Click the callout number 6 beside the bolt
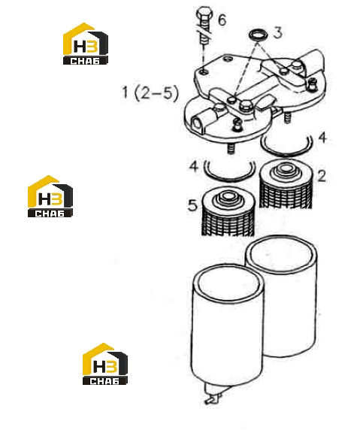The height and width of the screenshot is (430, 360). tap(222, 20)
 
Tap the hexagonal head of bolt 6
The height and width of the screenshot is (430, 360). tap(205, 14)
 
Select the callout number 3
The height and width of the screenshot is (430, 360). tap(278, 32)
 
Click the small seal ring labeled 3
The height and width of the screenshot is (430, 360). tap(259, 35)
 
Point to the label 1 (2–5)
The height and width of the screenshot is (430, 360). tap(150, 92)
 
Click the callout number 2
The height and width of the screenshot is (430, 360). tap(322, 176)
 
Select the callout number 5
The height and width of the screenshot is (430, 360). tap(192, 204)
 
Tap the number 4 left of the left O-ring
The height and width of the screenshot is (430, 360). tap(194, 166)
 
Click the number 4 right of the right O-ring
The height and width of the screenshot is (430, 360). tap(322, 138)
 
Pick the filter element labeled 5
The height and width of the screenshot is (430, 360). tap(228, 211)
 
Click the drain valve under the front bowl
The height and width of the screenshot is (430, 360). tap(213, 394)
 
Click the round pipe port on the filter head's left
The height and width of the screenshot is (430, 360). tap(197, 123)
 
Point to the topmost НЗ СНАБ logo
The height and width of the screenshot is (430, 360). tap(86, 44)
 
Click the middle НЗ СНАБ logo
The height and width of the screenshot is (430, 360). tap(50, 196)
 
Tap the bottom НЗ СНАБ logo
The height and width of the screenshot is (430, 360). tap(105, 364)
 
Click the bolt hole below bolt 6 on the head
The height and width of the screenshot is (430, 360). tap(204, 72)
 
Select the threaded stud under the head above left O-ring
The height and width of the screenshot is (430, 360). tap(231, 149)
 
